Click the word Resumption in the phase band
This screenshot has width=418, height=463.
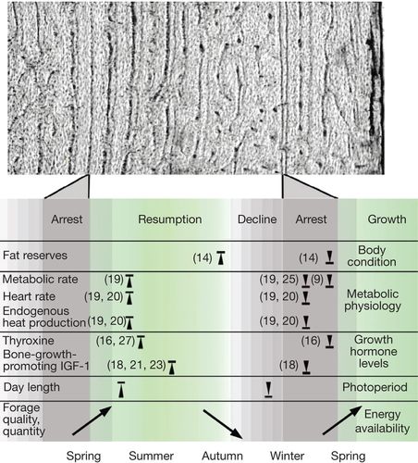pos(170,219)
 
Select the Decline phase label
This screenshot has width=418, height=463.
pos(257,219)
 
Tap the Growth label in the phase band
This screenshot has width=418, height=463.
pos(387,219)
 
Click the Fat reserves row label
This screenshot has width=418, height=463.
pos(35,256)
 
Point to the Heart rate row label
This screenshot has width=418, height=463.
pos(29,296)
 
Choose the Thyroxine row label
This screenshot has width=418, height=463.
pos(29,341)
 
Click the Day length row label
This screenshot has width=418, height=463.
pos(31,387)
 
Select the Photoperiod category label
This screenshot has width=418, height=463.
pos(375,387)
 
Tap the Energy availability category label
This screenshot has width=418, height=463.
pos(382,421)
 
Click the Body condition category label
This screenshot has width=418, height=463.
pos(372,256)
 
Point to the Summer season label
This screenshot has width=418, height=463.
pos(151,456)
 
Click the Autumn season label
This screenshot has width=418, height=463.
pos(222,456)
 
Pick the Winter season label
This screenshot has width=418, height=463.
pos(287,456)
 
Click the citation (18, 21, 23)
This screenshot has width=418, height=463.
pos(136,365)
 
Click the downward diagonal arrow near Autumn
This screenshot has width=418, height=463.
pos(223,424)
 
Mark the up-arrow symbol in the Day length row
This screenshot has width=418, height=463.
pos(121,390)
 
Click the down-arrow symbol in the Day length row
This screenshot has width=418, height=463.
pos(268,389)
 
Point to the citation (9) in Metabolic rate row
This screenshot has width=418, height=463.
pos(317,280)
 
